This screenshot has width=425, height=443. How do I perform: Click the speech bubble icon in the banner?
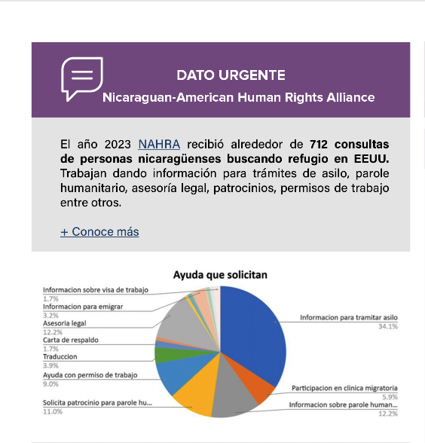[x=81, y=78]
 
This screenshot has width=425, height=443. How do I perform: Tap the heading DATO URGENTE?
[x=231, y=75]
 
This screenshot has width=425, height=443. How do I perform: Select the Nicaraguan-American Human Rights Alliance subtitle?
[x=238, y=98]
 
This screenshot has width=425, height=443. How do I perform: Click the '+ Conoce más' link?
[x=99, y=231]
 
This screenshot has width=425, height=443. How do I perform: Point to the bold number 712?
[x=322, y=144]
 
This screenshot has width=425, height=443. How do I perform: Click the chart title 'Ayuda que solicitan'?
[x=220, y=275]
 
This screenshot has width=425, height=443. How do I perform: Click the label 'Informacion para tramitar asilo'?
[x=348, y=317]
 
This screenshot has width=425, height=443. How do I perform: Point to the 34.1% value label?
[x=388, y=326]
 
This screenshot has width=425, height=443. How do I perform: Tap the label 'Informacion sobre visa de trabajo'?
[x=96, y=290]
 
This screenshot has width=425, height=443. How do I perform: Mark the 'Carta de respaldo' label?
[x=71, y=340]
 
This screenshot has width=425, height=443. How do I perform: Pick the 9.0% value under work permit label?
[x=50, y=383]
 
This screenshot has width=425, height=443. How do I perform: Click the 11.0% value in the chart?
[x=52, y=412]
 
